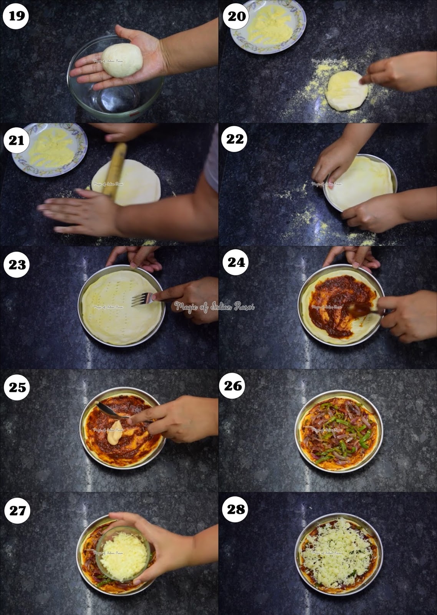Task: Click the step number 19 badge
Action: [x=16, y=16]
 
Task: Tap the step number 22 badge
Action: [x=235, y=139]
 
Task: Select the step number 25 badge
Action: [x=17, y=387]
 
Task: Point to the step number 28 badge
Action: [x=235, y=510]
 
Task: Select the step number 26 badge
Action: [x=233, y=386]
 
